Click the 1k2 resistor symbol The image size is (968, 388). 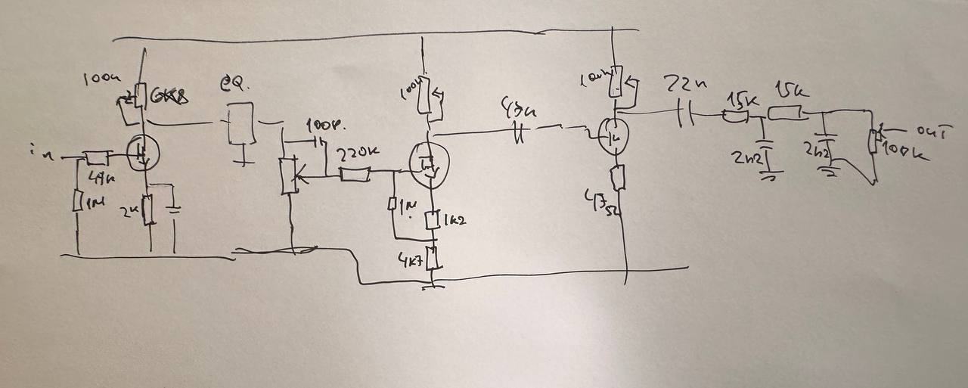point(433,221)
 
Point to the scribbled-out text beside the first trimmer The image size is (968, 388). point(170,97)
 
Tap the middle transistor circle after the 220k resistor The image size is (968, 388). point(428,163)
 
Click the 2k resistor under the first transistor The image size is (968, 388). point(149,210)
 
